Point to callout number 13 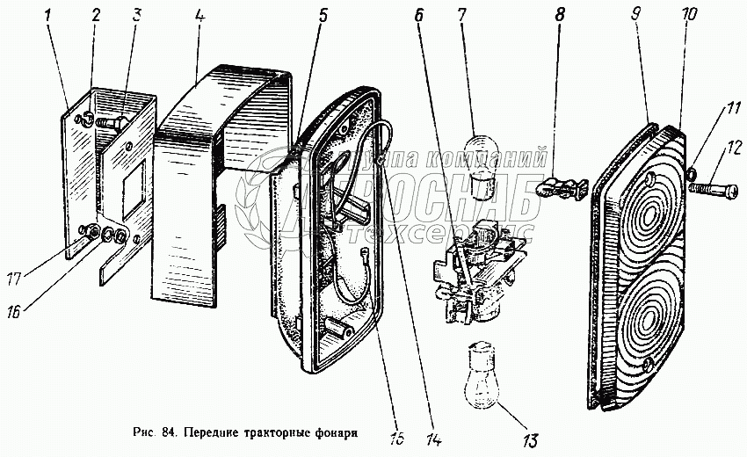point(530,439)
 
